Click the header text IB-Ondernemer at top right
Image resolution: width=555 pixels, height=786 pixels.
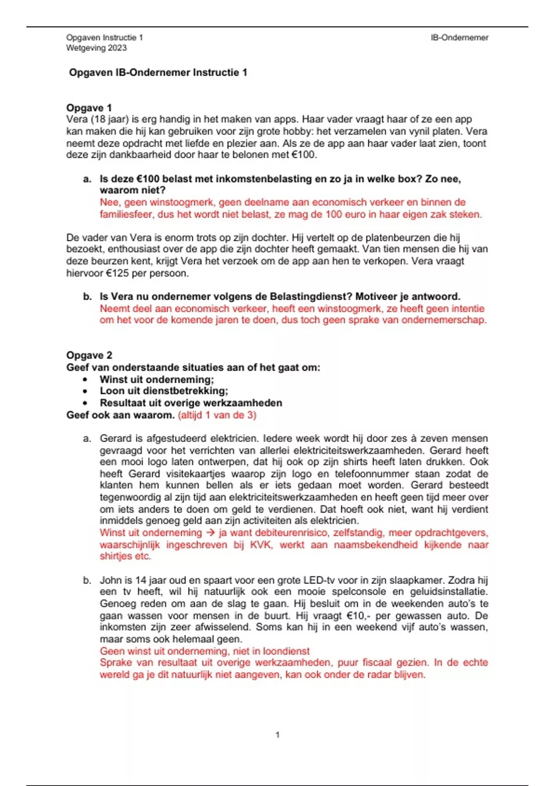click(459, 38)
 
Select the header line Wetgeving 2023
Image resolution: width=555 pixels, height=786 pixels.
click(96, 48)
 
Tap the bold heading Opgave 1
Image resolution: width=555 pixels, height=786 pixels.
click(89, 108)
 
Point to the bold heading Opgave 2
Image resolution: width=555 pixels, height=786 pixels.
click(89, 355)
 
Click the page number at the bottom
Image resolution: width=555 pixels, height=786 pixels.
click(277, 735)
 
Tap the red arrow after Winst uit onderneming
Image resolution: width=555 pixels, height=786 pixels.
click(210, 533)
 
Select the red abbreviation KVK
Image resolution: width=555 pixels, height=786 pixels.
click(261, 545)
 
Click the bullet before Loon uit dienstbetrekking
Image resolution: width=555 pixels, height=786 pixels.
click(85, 391)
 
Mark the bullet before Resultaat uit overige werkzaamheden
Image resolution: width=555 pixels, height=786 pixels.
click(85, 403)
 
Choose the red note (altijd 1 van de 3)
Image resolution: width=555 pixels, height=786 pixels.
click(217, 415)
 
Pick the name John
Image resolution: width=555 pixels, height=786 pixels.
click(110, 580)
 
